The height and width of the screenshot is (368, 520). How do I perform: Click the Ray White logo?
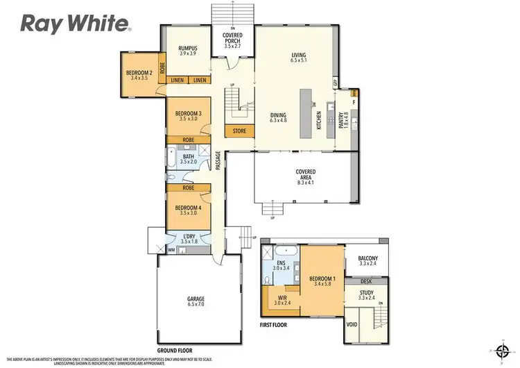[76, 24]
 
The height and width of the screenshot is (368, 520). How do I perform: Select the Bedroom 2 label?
[139, 74]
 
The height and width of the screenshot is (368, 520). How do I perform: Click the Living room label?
[298, 58]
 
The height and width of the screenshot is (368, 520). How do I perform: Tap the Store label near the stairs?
[239, 130]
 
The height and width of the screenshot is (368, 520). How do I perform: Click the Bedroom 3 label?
[189, 116]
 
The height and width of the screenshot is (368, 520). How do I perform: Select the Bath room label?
[189, 159]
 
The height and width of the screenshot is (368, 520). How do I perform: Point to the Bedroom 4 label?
[189, 211]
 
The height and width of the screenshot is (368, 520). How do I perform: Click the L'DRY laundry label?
[189, 238]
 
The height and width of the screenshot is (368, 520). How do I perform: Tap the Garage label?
[196, 302]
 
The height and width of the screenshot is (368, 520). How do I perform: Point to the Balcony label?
[367, 260]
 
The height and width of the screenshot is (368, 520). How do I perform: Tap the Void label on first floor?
[352, 324]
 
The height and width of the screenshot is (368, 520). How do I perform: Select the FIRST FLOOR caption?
[274, 324]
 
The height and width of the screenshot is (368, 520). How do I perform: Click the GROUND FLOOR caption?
[175, 351]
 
